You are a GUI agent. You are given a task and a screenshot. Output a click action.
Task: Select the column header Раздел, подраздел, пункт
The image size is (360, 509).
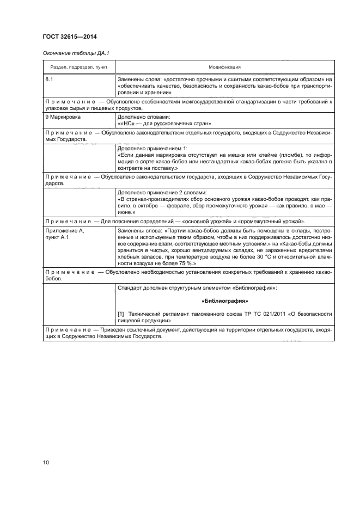coord(79,67)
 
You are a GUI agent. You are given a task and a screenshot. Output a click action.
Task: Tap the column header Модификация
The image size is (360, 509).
coord(224,67)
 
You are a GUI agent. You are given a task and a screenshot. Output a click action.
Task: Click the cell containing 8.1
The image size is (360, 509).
coord(50,79)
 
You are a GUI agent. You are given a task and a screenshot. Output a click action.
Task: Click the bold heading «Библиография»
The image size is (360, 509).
coord(224,301)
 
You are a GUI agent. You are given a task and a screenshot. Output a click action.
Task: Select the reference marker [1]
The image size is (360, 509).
coord(121,314)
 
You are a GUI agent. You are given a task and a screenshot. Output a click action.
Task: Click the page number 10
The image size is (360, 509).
coord(46,463)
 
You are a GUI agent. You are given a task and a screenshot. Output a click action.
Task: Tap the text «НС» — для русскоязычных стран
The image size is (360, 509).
coord(162,124)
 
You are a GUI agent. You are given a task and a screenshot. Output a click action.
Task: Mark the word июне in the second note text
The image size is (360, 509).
coord(126,212)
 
